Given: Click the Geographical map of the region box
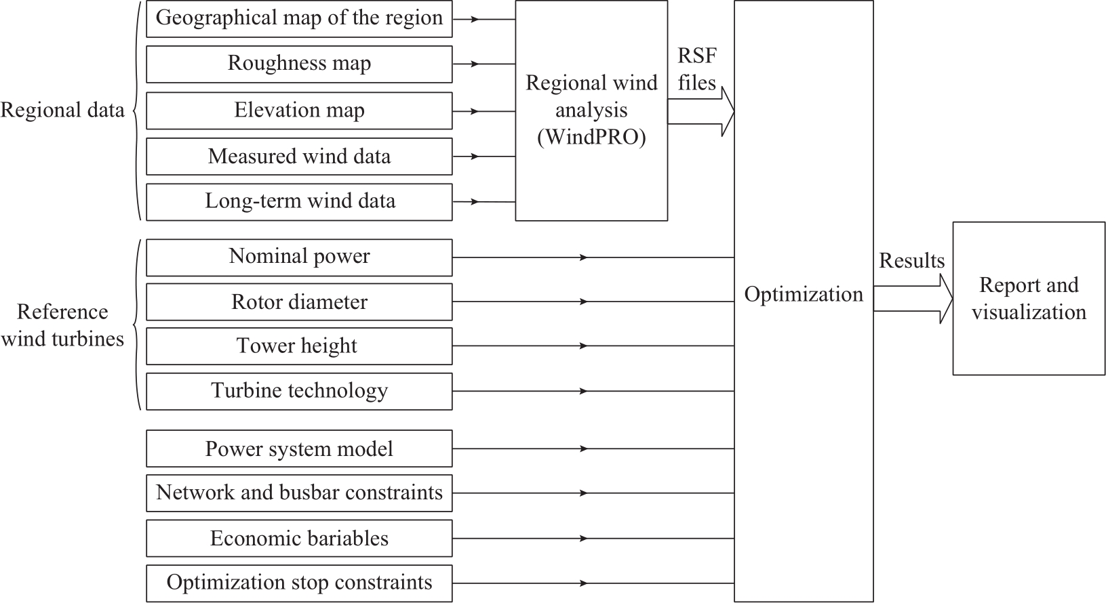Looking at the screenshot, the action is point(299,19).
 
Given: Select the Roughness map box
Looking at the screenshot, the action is point(299,64).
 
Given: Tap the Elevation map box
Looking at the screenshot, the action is point(299,110).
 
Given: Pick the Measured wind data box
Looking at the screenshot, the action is point(299,157).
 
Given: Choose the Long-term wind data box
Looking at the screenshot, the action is point(299,202).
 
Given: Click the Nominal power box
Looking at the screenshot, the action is point(299,257).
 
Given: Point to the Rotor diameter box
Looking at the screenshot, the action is point(299,302).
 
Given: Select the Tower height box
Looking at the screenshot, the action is point(299,346).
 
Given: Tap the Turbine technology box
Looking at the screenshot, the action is point(299,392).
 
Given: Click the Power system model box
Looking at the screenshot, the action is point(299,449).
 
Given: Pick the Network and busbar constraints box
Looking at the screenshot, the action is point(299,493).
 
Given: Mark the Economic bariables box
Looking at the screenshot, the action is point(299,539).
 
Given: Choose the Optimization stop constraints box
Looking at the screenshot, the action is point(299,583).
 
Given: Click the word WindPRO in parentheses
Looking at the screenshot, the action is point(591,137).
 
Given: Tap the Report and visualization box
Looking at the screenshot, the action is point(1029,299).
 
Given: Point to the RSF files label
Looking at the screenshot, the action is point(696,69).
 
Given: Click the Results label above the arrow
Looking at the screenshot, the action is point(911,261).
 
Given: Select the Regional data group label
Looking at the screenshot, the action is point(62,110).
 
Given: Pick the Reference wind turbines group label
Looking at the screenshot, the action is point(62,325).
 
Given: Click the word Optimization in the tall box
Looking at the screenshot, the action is point(804,295).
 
